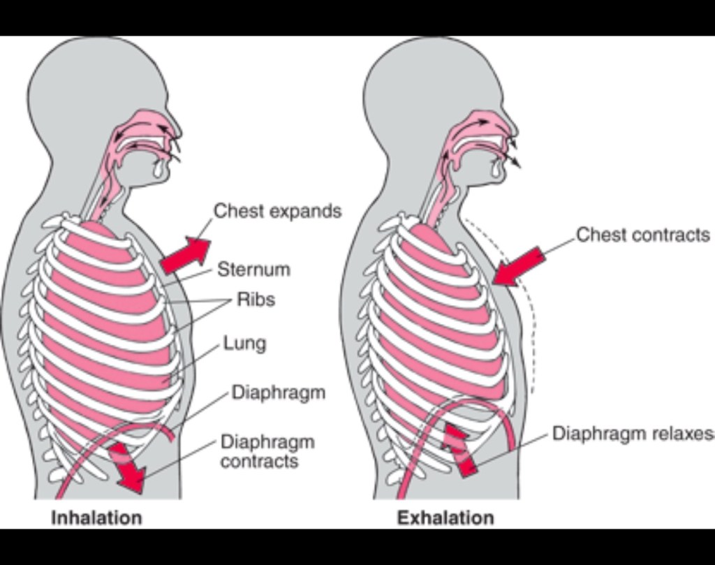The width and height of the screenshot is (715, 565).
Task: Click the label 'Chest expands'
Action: click(278, 211)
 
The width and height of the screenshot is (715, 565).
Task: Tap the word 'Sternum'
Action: click(253, 269)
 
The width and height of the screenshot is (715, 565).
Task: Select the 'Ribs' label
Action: click(256, 300)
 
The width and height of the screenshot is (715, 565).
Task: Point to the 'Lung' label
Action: click(244, 344)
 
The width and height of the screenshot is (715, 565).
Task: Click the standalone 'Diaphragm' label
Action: click(279, 392)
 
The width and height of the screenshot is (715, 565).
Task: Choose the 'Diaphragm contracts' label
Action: click(267, 451)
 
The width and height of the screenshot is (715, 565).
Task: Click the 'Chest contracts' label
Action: click(643, 235)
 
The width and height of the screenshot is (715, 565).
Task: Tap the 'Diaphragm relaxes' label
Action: click(633, 433)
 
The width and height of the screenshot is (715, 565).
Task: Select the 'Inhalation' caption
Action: click(96, 518)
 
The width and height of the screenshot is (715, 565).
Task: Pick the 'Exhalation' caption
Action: click(445, 518)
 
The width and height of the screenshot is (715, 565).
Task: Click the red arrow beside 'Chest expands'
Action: click(186, 254)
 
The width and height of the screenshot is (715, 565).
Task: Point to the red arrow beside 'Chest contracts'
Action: click(519, 267)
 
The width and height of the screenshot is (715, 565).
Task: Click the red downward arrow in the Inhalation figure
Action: click(127, 467)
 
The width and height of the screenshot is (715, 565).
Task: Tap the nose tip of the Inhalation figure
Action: click(181, 133)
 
